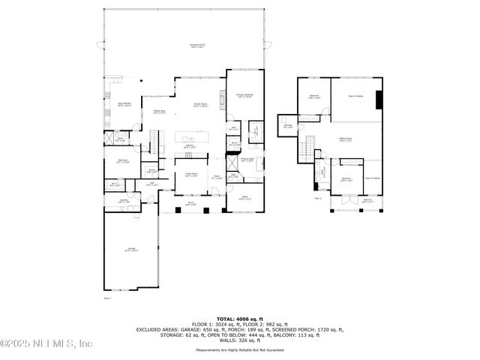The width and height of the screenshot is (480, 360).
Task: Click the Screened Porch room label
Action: (197, 46)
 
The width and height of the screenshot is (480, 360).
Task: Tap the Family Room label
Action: (201, 105)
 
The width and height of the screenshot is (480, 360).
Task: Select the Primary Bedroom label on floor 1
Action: (245, 95)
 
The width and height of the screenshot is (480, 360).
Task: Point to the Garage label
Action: (130, 250)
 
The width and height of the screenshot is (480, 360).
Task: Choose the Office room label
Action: (244, 198)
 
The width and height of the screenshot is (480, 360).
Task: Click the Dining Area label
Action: (159, 112)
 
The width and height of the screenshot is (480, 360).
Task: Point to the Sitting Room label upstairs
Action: (346, 139)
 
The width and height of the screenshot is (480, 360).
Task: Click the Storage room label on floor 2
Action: (287, 126)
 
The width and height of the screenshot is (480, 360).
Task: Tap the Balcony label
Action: (367, 201)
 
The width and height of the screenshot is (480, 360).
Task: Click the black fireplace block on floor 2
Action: (379, 100)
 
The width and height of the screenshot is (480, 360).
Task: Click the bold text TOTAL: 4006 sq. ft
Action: (240, 319)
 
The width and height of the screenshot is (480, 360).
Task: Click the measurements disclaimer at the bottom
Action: (240, 350)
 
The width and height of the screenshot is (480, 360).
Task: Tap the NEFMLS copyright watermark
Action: (46, 343)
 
